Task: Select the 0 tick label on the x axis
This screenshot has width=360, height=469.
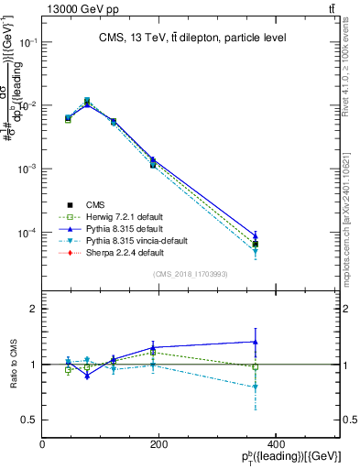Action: pos(43,445)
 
